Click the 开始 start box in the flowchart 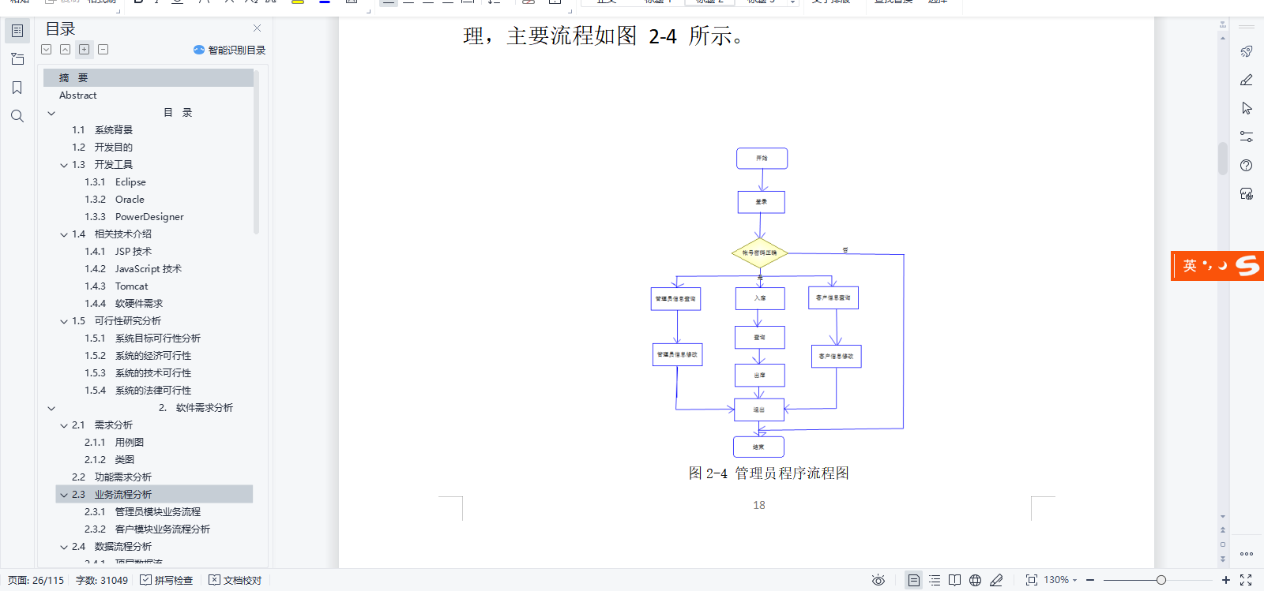click(x=762, y=159)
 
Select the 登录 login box click(x=761, y=202)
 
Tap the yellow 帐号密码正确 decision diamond click(x=759, y=253)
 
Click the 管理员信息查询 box click(x=675, y=299)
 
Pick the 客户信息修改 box click(x=836, y=357)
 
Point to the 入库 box click(x=759, y=298)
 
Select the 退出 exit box click(x=758, y=410)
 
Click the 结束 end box click(x=758, y=447)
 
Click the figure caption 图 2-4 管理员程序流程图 click(x=769, y=473)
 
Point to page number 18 click(x=759, y=505)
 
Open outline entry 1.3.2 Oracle click(x=130, y=200)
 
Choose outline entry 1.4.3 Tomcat click(x=131, y=286)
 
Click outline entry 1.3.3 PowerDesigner click(x=149, y=217)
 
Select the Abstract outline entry click(x=78, y=95)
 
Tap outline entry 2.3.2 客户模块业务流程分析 click(x=162, y=529)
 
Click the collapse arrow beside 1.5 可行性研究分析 click(x=64, y=322)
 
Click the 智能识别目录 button click(x=230, y=50)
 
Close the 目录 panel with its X click(x=257, y=28)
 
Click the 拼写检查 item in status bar click(x=167, y=580)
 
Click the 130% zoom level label click(x=1056, y=580)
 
